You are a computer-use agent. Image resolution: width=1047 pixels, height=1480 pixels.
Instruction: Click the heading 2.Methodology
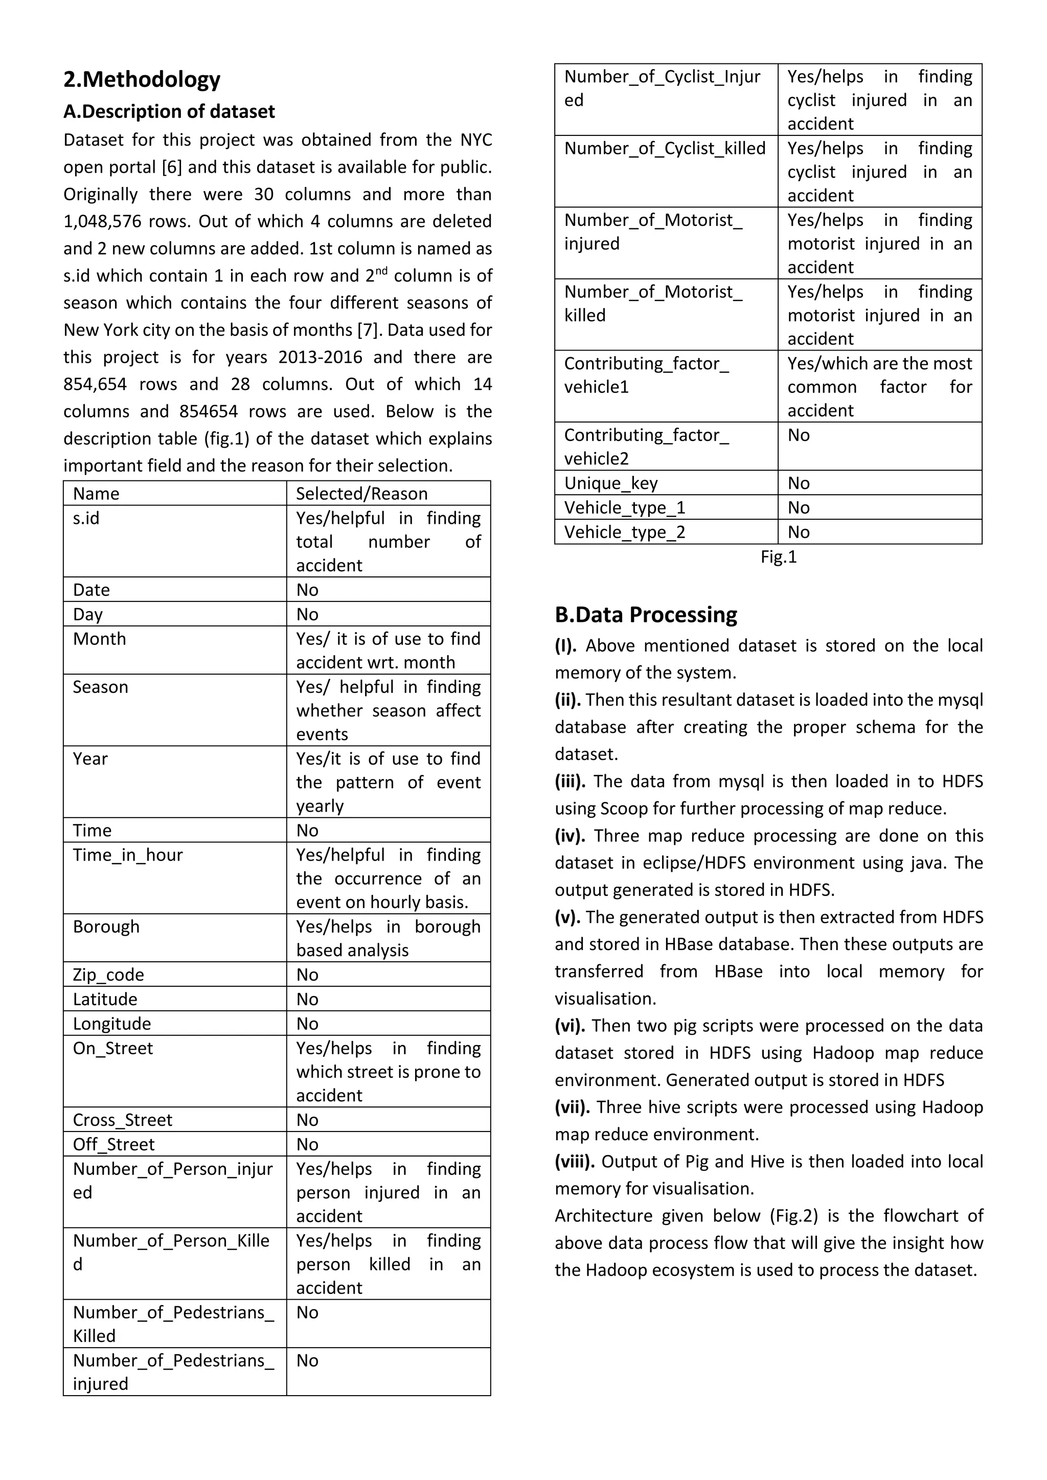pos(142,79)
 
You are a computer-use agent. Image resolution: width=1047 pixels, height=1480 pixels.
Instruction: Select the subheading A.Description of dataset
pos(169,111)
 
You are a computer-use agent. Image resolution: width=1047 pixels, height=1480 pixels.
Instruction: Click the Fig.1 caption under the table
pos(778,557)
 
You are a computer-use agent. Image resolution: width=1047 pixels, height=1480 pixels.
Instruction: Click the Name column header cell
pos(96,494)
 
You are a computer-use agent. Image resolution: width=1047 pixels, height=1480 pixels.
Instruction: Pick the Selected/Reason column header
pos(361,494)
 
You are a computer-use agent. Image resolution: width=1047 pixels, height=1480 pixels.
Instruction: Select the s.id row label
pos(86,518)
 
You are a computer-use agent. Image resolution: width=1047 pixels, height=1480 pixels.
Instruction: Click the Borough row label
pos(106,927)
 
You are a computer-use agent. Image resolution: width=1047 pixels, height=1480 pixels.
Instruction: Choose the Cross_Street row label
pos(123,1120)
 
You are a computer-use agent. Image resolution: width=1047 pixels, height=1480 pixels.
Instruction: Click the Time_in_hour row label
pos(128,855)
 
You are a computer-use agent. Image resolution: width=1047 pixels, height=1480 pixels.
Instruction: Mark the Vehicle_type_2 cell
pos(624,533)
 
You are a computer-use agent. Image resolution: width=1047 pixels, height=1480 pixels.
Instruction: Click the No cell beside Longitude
pos(308,1024)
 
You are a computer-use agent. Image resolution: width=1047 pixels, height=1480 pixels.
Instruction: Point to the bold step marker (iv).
pos(570,836)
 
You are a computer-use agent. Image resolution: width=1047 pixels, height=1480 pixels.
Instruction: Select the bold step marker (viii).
pos(575,1162)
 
